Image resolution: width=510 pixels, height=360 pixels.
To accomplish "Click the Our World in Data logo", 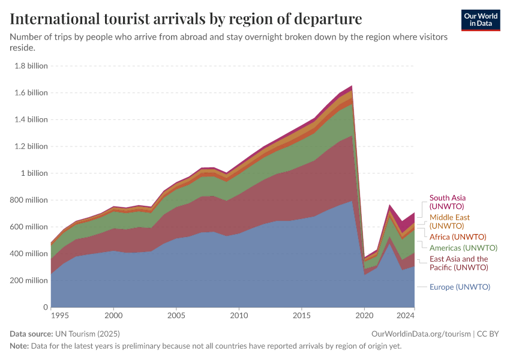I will pos(481,20).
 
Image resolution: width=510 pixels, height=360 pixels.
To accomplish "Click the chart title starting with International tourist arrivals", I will pos(186,19).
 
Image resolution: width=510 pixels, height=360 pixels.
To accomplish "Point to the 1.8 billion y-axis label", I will pos(31,66).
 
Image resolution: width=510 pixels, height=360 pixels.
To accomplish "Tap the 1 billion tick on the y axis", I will pos(34,173).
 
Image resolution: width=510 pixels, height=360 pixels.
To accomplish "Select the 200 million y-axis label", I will pos(28,281).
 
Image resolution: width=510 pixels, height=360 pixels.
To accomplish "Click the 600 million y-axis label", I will pos(28,227).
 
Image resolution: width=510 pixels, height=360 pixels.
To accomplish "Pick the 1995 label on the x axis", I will pos(59,315).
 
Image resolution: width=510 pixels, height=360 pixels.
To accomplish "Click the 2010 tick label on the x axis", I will pos(239,315).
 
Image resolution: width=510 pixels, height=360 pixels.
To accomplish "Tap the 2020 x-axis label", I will pos(364,315).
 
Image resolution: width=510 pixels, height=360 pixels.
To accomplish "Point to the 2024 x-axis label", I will pos(406,315).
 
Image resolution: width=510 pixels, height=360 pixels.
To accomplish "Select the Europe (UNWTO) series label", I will pos(460,287).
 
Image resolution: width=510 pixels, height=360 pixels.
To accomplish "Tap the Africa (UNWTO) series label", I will pos(458,237).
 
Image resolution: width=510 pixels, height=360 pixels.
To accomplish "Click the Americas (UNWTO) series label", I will pos(463,248).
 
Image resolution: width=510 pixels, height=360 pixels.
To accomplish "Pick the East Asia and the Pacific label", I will pos(458,263).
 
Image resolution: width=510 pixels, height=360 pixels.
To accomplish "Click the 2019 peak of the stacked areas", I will pos(352,86).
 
